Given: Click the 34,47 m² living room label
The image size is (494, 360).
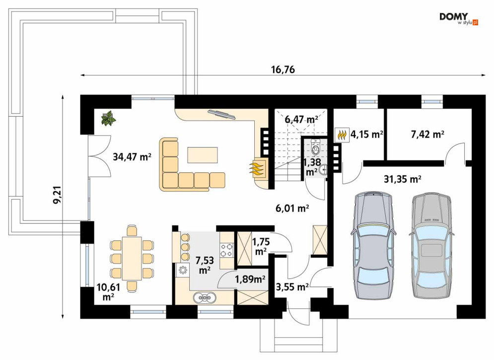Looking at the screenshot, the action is click(x=133, y=156).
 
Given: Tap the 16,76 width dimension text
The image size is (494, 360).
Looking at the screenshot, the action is click(x=283, y=70).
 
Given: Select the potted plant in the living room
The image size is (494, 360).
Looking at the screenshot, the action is click(x=108, y=118).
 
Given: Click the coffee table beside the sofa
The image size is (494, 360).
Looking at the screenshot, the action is click(x=203, y=155).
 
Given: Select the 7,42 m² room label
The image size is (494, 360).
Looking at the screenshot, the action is click(x=427, y=135).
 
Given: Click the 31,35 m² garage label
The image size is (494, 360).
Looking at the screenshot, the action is click(x=403, y=179).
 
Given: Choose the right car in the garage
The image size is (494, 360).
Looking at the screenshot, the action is click(x=431, y=245).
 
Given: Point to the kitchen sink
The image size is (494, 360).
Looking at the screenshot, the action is click(x=205, y=297).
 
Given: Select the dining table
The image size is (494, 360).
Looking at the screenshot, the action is click(x=132, y=258).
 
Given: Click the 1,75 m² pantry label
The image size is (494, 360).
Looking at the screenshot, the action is click(x=261, y=246).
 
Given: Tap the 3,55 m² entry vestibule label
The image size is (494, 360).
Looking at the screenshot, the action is click(x=292, y=287).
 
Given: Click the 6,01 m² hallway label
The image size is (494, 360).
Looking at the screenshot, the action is click(x=292, y=208).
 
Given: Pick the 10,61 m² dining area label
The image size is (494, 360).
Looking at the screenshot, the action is click(x=108, y=291).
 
